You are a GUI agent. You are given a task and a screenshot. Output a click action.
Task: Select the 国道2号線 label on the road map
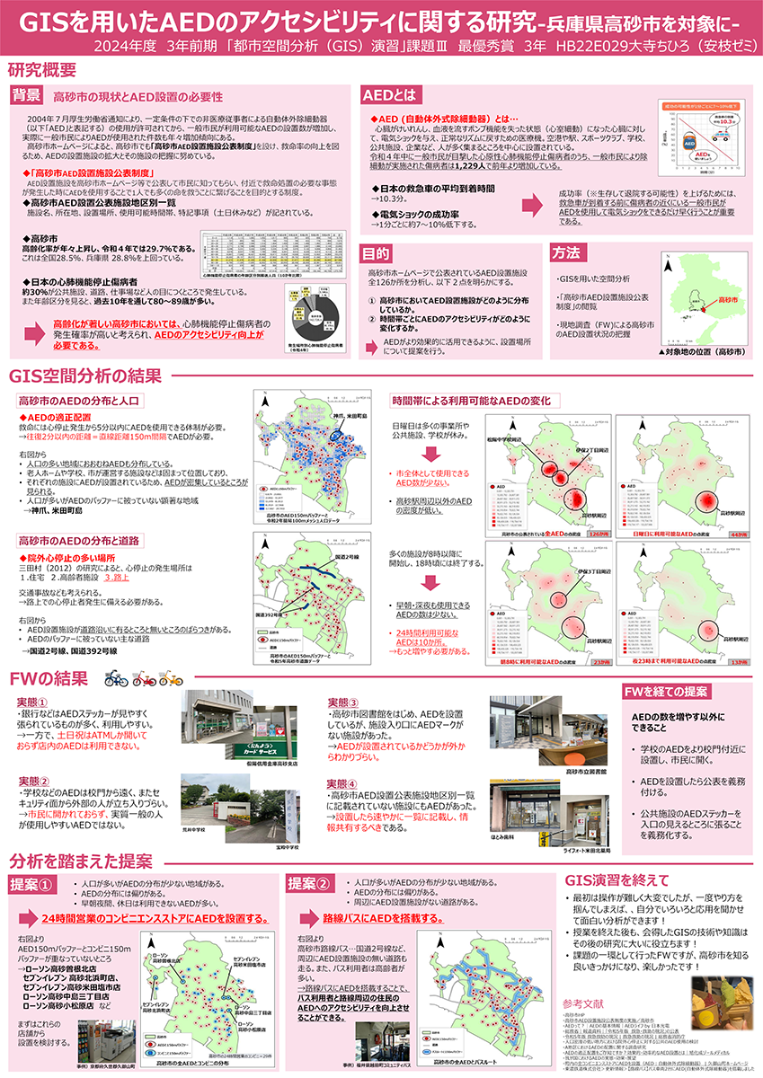[x=347, y=559]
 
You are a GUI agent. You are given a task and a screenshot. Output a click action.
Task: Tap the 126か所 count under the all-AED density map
[x=597, y=534]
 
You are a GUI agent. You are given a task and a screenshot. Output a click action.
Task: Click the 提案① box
[x=34, y=883]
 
